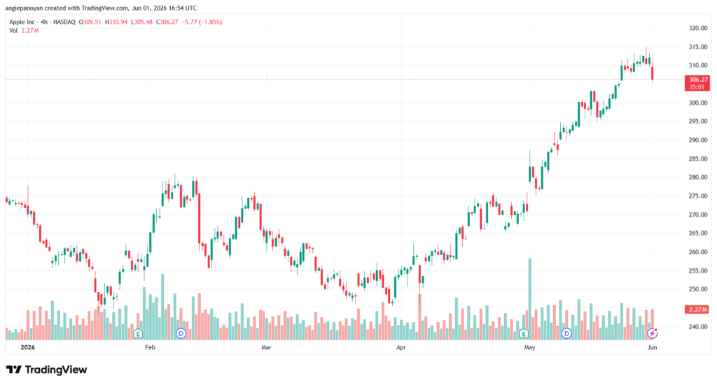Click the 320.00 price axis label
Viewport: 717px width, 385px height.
[698, 28]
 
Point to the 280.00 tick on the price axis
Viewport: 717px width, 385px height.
[698, 177]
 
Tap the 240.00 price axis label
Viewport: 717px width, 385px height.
[698, 326]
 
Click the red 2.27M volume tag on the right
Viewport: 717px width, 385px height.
[697, 309]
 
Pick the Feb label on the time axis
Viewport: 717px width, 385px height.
[150, 347]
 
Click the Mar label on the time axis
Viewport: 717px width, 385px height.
[266, 347]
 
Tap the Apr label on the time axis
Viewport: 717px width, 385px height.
[401, 347]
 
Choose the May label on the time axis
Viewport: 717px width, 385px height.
[529, 347]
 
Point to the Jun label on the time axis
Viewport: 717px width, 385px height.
[652, 347]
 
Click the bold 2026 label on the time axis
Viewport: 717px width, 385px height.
[28, 347]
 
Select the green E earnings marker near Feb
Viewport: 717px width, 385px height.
[138, 333]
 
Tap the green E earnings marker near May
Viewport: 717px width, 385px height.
[524, 333]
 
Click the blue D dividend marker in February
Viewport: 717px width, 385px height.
[181, 333]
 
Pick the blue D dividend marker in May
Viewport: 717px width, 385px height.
[566, 333]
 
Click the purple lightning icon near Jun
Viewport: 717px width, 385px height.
[652, 333]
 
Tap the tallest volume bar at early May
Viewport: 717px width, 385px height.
[530, 299]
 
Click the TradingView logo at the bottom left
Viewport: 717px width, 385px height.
[46, 370]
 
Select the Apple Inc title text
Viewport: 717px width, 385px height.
[22, 22]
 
